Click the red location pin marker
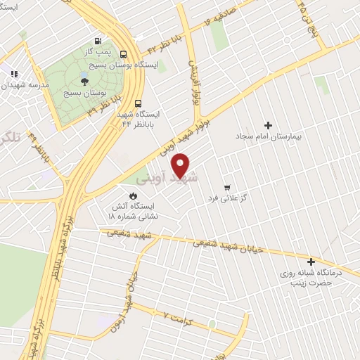click(181, 165)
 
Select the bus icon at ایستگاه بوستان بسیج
click(124, 54)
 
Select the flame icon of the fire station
click(131, 195)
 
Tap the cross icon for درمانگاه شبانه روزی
click(310, 262)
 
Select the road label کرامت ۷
click(176, 316)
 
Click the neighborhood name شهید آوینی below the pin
click(177, 179)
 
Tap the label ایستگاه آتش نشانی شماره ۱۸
click(132, 212)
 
